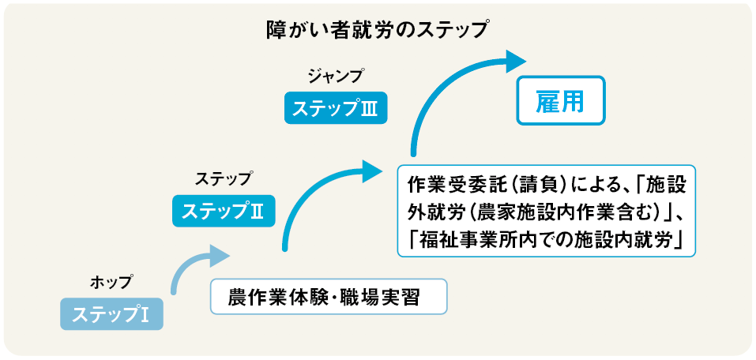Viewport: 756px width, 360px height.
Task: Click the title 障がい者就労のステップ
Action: point(377,30)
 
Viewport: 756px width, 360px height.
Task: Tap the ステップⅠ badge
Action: point(112,314)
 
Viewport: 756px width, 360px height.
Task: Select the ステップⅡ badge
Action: point(224,211)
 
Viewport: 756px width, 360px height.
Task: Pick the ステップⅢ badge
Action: point(336,108)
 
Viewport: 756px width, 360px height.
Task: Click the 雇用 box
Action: point(561,101)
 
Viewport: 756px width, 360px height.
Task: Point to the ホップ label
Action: point(111,281)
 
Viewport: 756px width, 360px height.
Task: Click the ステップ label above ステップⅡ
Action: point(224,178)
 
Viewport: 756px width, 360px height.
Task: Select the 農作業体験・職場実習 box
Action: point(329,296)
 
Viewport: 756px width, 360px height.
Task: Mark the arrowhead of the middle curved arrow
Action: point(373,171)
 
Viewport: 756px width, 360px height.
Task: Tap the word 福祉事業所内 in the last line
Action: point(464,240)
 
